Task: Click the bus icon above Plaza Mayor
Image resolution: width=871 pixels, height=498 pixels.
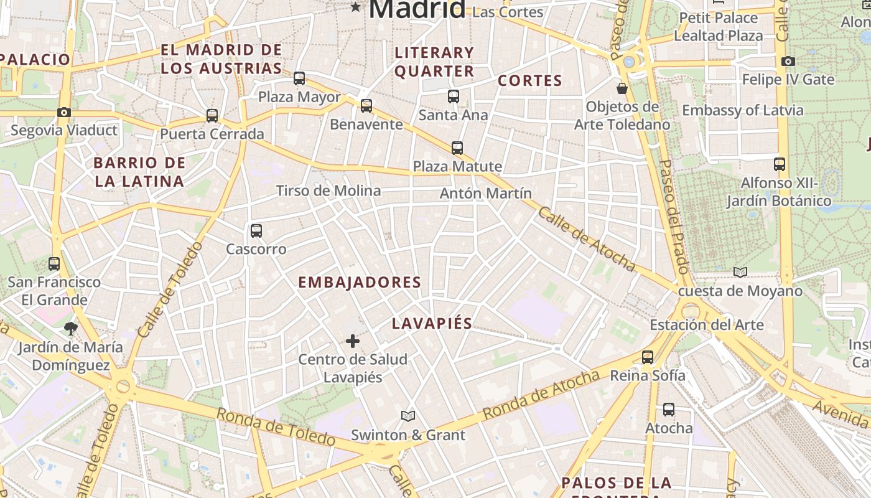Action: pyautogui.click(x=299, y=78)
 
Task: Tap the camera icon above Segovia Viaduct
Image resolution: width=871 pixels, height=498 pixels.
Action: pyautogui.click(x=63, y=113)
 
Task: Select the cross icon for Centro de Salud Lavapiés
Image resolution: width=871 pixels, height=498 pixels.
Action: pyautogui.click(x=353, y=341)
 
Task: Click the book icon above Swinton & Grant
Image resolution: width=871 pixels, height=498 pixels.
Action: pyautogui.click(x=408, y=416)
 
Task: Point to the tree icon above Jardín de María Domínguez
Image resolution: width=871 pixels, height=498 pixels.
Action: pyautogui.click(x=71, y=328)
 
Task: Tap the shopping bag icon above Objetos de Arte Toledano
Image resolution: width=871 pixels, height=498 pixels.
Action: pyautogui.click(x=622, y=88)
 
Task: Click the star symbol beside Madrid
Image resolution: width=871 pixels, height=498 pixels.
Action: pyautogui.click(x=355, y=7)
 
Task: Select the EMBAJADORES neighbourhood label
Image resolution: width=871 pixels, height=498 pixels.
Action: pyautogui.click(x=360, y=283)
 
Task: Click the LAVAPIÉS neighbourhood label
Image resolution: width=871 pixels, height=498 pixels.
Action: pyautogui.click(x=432, y=324)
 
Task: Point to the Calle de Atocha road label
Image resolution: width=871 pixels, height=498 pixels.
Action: pyautogui.click(x=587, y=239)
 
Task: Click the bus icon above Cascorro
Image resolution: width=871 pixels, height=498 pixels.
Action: pyautogui.click(x=256, y=231)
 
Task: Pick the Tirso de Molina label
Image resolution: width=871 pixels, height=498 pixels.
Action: pyautogui.click(x=328, y=190)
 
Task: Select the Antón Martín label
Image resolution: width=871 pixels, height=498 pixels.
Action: pyautogui.click(x=486, y=193)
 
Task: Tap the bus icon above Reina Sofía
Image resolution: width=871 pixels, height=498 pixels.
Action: pyautogui.click(x=648, y=357)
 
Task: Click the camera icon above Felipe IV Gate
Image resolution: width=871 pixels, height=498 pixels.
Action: pyautogui.click(x=788, y=61)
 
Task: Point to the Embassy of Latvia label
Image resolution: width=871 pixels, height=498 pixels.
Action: pyautogui.click(x=743, y=110)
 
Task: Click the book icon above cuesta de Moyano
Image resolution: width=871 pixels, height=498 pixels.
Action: pyautogui.click(x=740, y=272)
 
